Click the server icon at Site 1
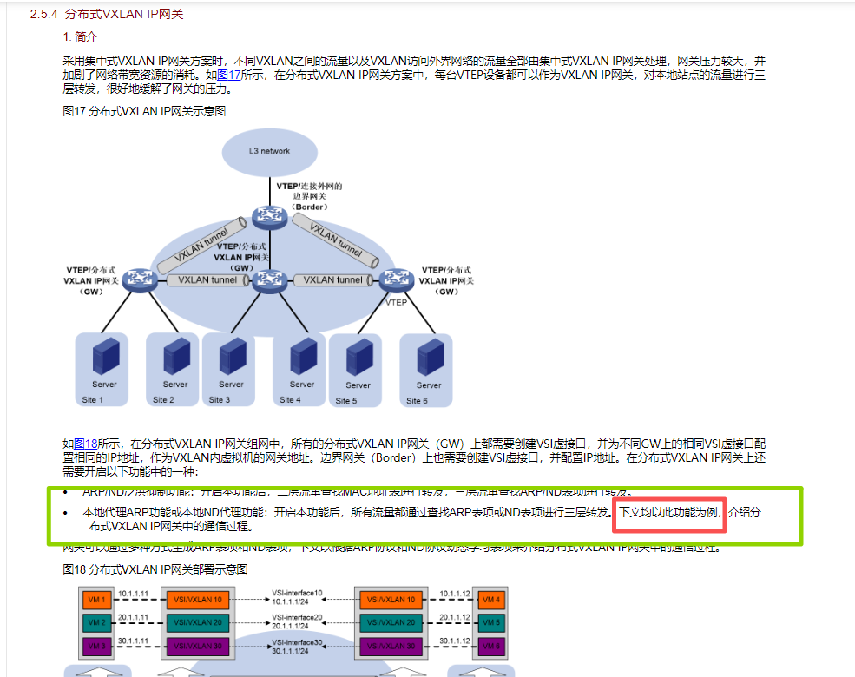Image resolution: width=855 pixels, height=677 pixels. [x=104, y=355]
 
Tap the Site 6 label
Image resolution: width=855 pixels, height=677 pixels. [x=418, y=400]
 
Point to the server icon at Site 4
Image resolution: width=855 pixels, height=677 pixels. [x=302, y=355]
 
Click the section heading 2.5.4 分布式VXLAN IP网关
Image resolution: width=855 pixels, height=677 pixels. [x=107, y=15]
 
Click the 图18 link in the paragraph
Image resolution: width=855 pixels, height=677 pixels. [x=85, y=444]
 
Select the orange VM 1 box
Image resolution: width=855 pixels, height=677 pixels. [x=96, y=600]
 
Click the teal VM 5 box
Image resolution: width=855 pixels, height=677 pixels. [x=490, y=622]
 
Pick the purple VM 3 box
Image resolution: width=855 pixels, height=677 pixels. [x=96, y=645]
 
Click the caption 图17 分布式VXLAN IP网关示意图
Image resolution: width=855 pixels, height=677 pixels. [x=145, y=112]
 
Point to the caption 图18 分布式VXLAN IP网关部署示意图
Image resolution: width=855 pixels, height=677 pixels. [x=155, y=569]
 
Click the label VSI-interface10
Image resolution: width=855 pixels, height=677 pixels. [x=297, y=593]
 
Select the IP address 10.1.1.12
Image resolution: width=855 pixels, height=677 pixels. [x=455, y=594]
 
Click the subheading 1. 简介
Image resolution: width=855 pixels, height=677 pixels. [x=81, y=37]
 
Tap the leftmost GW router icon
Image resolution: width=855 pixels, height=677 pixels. [x=137, y=280]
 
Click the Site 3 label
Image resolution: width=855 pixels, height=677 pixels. [x=220, y=400]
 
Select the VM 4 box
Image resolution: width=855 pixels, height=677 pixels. [x=490, y=600]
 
